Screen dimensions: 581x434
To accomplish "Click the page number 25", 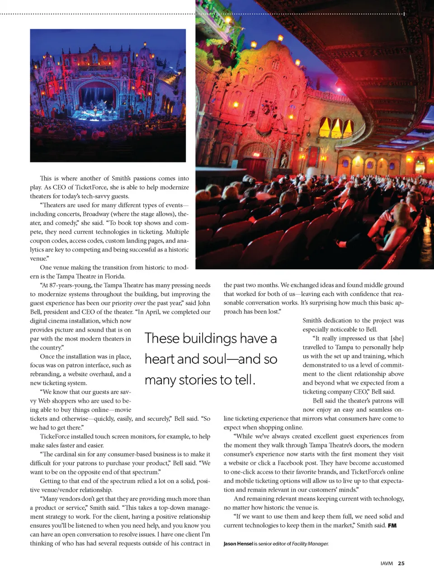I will coord(401,563).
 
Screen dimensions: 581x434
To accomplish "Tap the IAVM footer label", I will coord(387,563).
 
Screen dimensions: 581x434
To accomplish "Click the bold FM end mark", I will coord(392,525).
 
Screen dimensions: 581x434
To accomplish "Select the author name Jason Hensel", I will coord(238,543).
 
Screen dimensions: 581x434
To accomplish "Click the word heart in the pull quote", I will coord(160,359).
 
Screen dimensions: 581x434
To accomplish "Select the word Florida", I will coord(115,276).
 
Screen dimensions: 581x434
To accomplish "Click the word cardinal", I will coord(66,454).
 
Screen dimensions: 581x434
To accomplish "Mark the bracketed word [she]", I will coord(395,338).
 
